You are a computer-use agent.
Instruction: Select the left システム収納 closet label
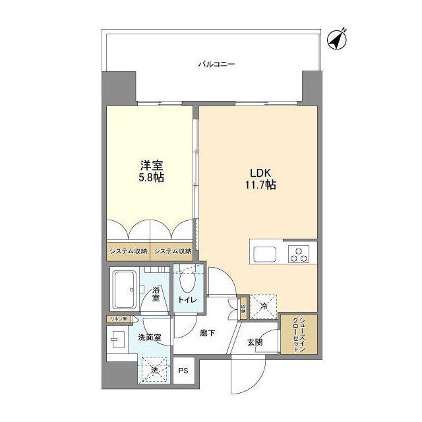128,251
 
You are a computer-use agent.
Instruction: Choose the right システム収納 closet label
173,251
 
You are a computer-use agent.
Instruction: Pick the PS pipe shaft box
183,371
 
